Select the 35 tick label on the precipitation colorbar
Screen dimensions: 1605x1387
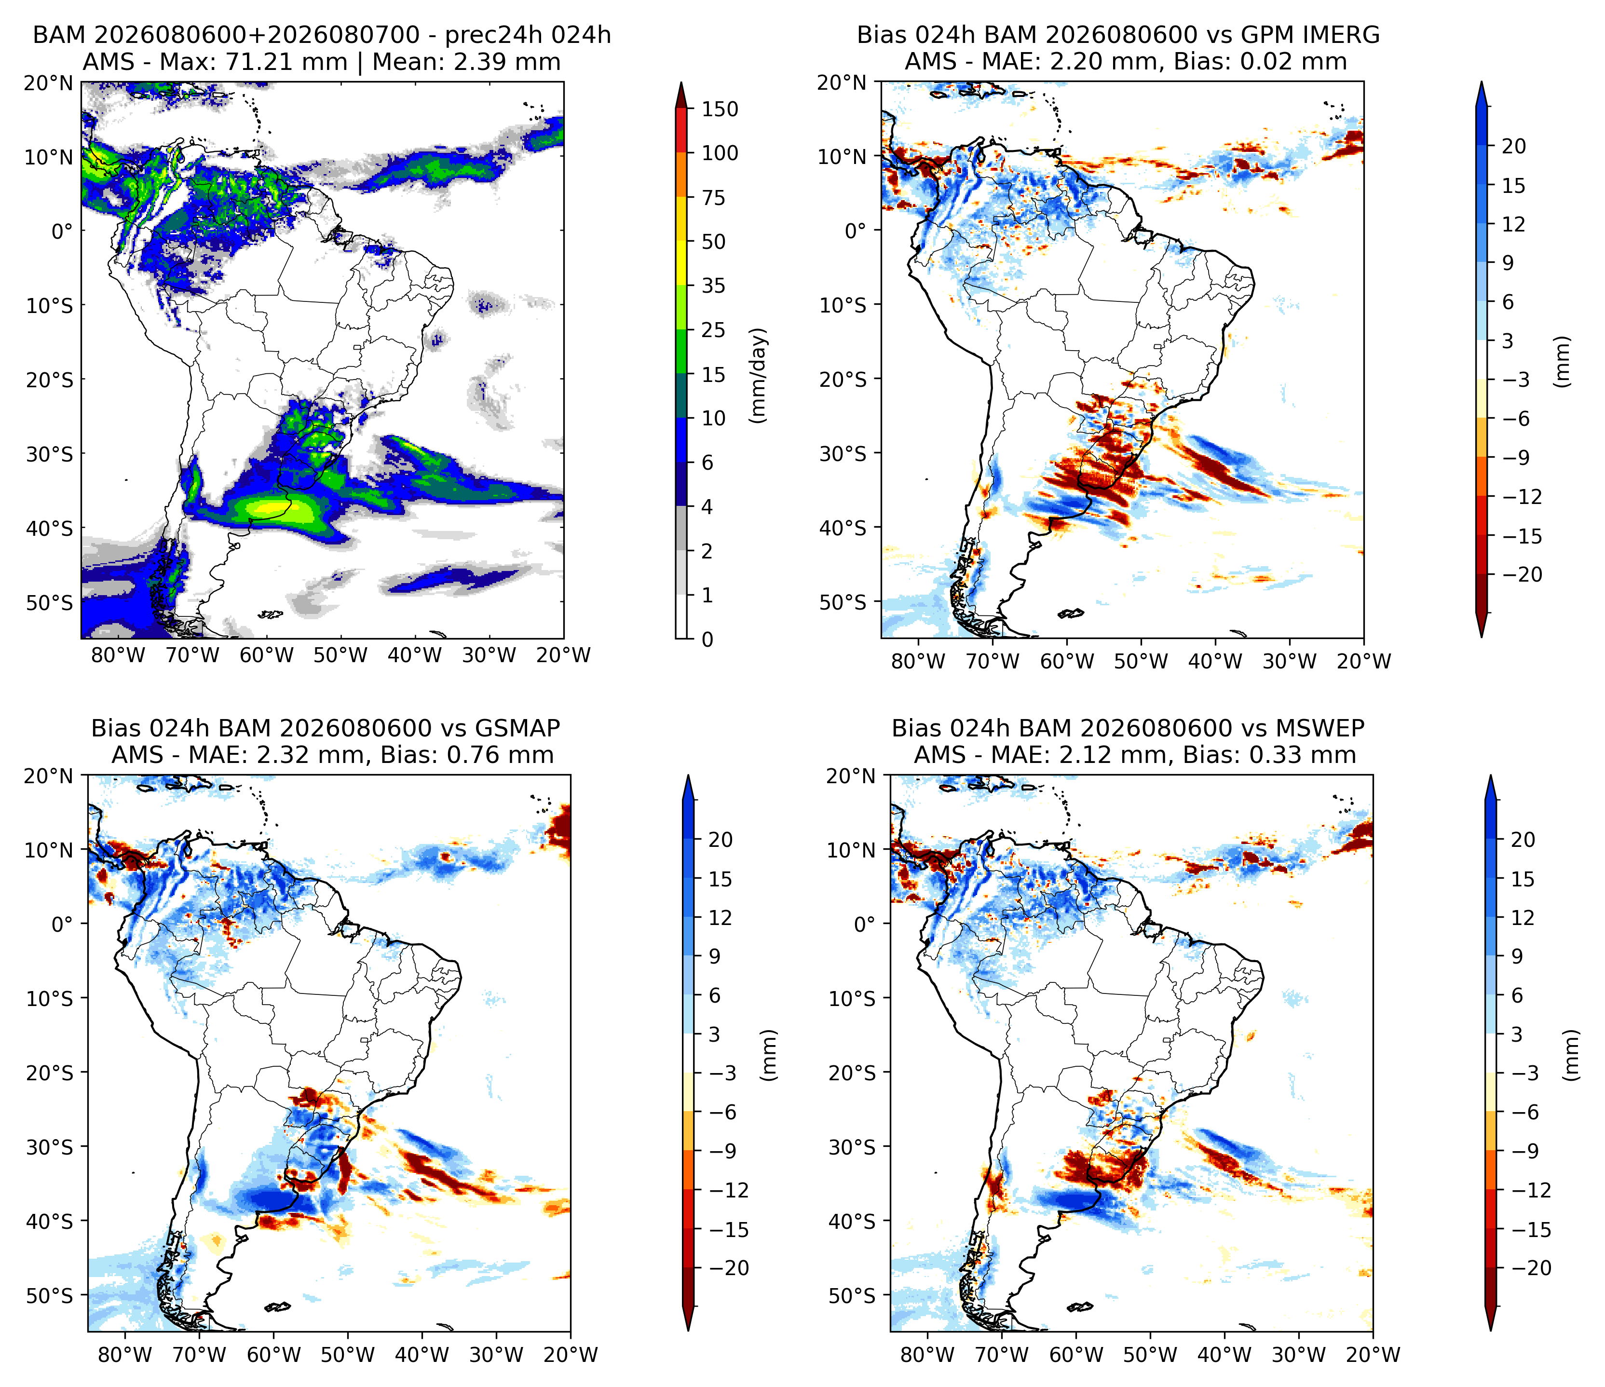coord(713,286)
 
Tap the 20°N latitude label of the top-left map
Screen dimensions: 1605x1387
coord(48,83)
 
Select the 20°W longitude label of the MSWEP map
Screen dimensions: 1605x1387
coord(1374,1355)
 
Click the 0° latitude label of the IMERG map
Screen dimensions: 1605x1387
coord(855,231)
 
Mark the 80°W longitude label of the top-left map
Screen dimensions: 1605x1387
coord(119,655)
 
